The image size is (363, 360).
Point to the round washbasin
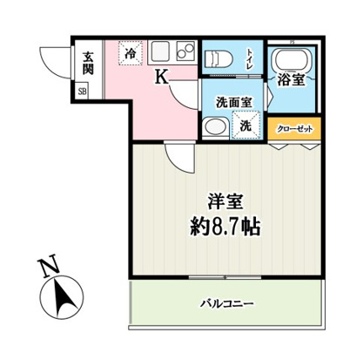tap(212, 126)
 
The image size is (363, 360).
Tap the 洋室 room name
tap(223, 202)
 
